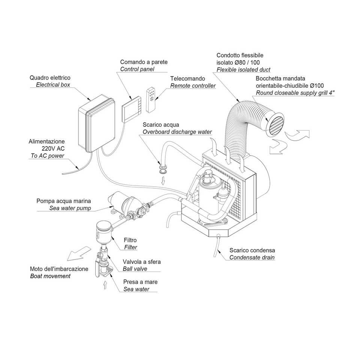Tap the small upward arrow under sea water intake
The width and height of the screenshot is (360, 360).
pos(105,286)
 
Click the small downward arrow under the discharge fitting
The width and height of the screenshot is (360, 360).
pos(163,181)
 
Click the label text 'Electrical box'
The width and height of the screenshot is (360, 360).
pos(53,85)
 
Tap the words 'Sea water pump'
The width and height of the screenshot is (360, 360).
pos(70,208)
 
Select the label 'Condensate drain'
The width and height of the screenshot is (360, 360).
pos(252,257)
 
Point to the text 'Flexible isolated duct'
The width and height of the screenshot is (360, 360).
pos(243,70)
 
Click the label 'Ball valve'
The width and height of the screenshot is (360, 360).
pos(135,268)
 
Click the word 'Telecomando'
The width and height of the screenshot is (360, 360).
pos(187,79)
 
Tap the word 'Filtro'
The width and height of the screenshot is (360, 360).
pos(130,240)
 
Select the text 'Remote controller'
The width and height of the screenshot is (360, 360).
pos(193,86)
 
